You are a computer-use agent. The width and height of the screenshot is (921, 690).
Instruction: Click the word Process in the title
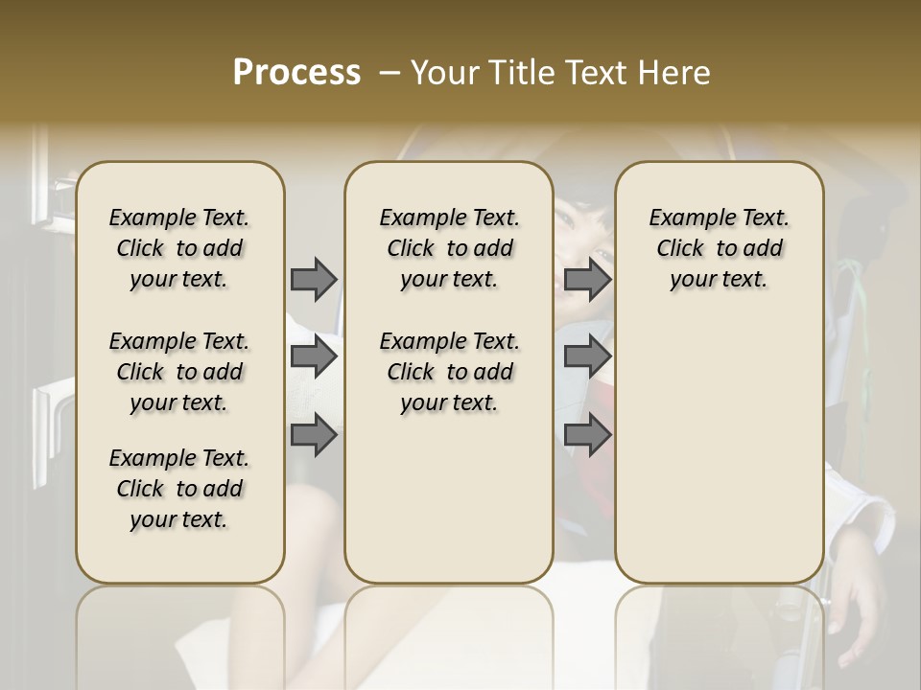point(296,73)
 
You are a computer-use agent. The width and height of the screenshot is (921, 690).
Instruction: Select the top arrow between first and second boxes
point(314,279)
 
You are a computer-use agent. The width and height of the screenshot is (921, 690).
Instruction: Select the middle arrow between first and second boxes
point(314,357)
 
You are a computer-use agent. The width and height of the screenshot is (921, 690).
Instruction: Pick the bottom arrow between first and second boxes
point(314,436)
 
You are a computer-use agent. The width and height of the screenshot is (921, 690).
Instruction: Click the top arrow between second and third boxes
point(587,279)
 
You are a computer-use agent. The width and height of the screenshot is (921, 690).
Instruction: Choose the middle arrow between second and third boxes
point(587,357)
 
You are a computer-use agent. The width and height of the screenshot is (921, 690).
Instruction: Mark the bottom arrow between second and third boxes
point(587,436)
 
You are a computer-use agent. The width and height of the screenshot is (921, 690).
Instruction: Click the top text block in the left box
point(179,248)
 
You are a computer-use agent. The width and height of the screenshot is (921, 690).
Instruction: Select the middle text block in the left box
point(179,372)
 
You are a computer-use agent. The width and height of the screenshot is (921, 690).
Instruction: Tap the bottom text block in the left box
point(179,489)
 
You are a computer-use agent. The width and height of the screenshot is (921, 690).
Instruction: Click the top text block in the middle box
point(449,248)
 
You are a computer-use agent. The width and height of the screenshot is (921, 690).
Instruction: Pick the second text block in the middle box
point(449,372)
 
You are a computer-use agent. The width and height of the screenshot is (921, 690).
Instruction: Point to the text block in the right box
point(719,248)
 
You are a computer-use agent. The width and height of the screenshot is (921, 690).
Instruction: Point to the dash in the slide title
point(389,73)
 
